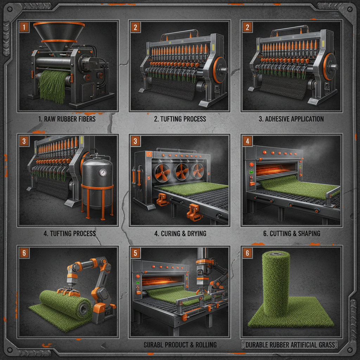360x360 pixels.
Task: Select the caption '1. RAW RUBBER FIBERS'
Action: [67, 119]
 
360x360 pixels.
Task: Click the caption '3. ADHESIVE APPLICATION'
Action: [291, 119]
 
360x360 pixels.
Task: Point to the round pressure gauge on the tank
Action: [103, 172]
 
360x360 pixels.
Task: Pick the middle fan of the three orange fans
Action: [181, 172]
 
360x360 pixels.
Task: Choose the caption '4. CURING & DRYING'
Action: [180, 233]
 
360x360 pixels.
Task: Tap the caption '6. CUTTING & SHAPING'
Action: [291, 233]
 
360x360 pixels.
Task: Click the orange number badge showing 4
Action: [247, 141]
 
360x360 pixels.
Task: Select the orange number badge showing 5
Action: [135, 253]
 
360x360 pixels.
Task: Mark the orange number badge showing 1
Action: [24, 27]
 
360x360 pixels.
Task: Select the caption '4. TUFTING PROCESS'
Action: [70, 233]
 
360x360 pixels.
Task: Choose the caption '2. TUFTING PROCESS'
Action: [180, 119]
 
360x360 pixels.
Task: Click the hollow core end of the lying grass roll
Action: [83, 309]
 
